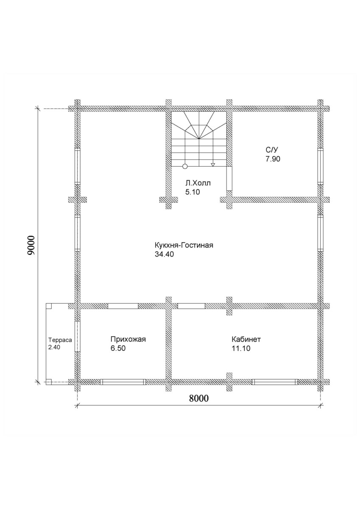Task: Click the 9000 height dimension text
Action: [31, 245]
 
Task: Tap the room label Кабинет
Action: [246, 339]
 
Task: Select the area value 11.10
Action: [241, 348]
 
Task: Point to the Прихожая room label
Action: [128, 339]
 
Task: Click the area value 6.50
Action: [118, 348]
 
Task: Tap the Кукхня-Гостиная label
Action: [184, 246]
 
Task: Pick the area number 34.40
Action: [164, 254]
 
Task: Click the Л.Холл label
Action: [198, 183]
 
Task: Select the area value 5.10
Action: [193, 192]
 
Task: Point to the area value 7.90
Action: [273, 159]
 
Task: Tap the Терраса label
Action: [60, 340]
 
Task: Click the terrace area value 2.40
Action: [54, 347]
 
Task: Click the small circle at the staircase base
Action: [185, 166]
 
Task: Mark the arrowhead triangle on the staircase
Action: [213, 165]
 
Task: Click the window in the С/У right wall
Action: [320, 166]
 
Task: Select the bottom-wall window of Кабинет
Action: [275, 382]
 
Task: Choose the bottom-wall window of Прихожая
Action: [123, 382]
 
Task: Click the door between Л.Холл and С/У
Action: [229, 179]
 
